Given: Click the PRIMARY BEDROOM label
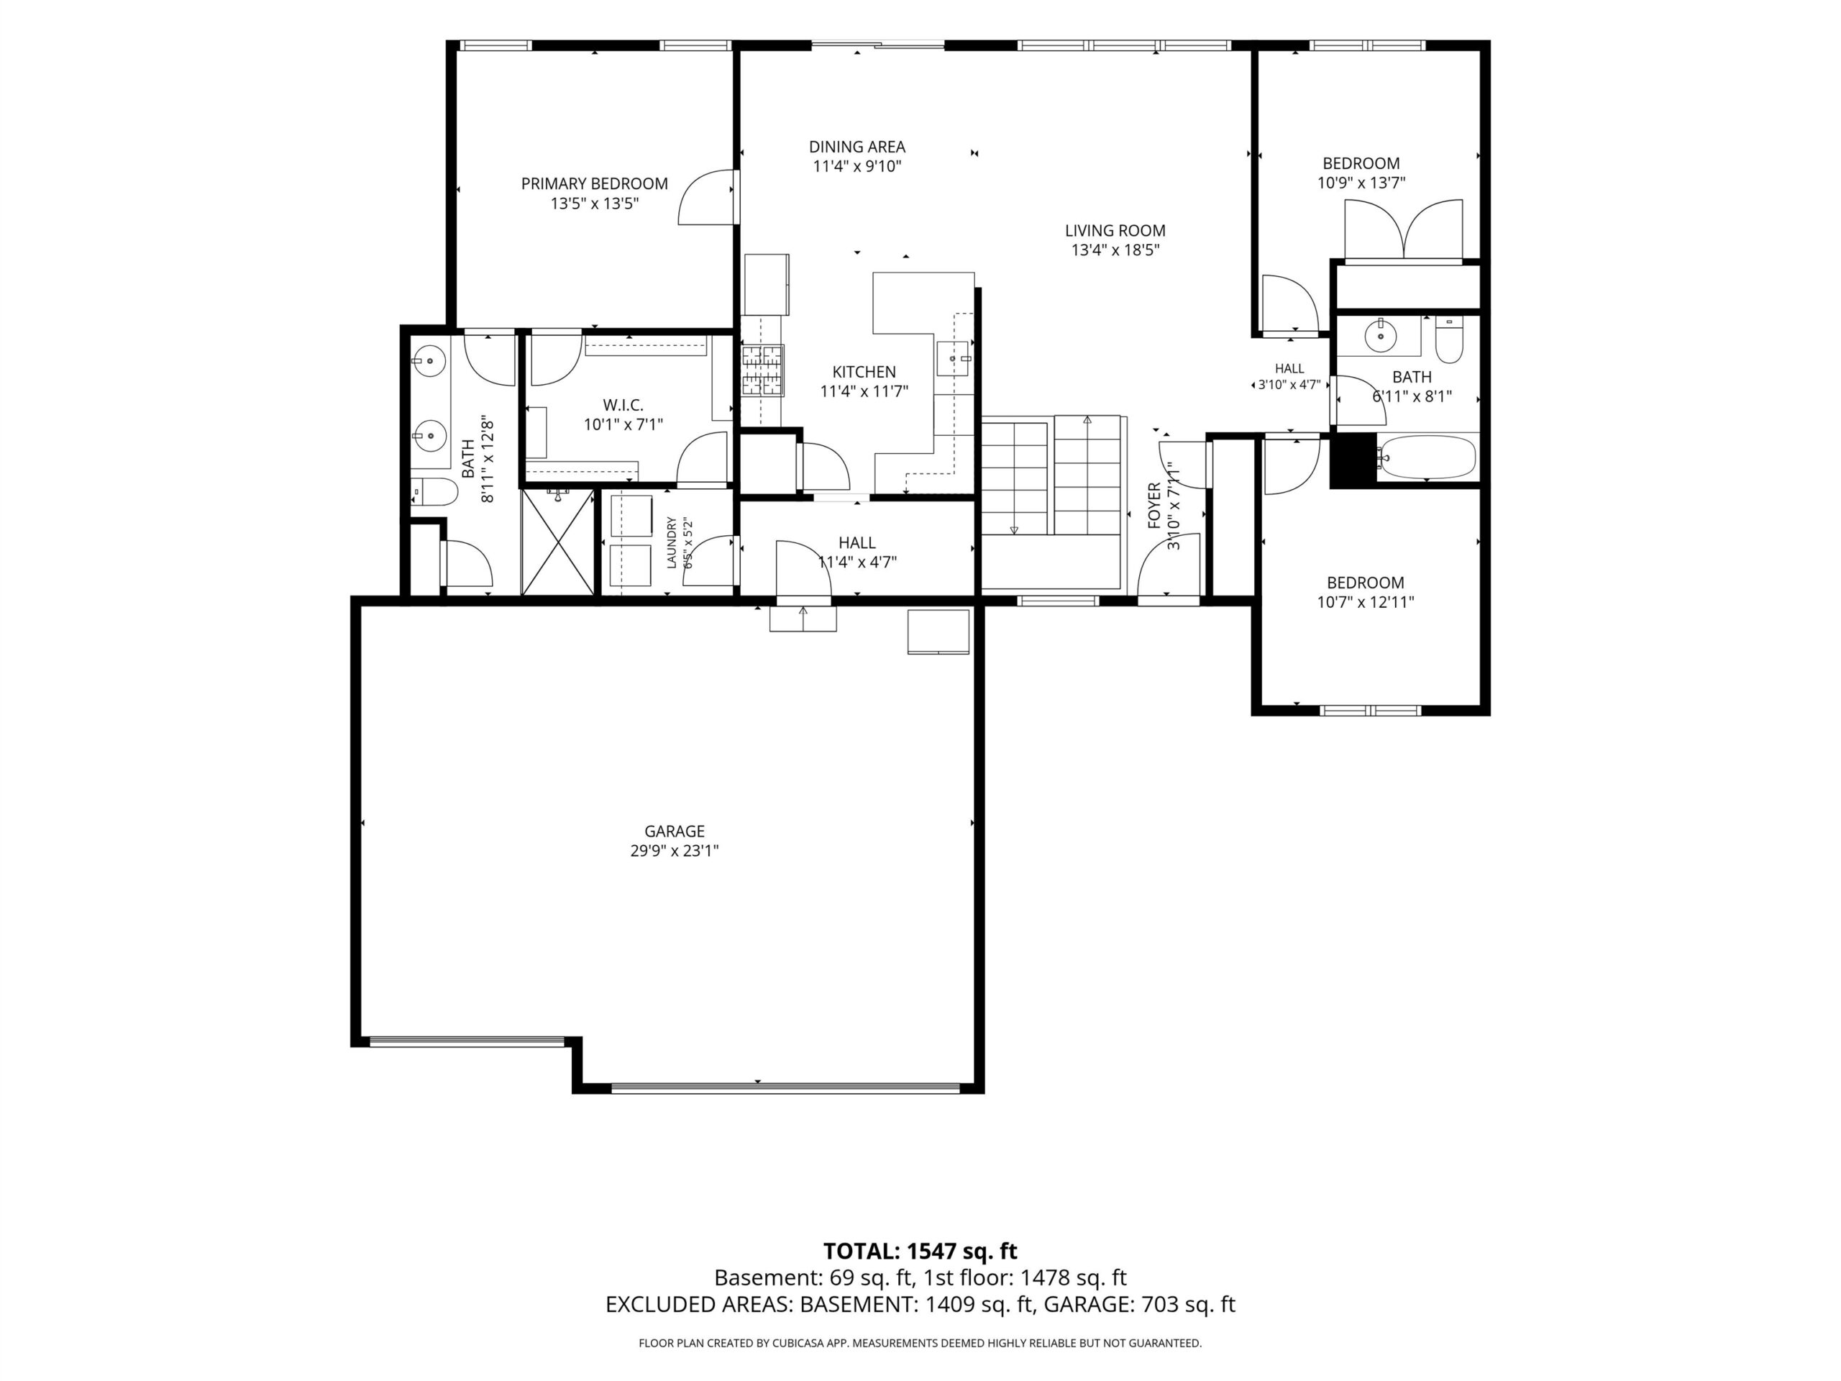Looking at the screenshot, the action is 594,184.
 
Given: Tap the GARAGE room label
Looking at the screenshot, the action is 674,831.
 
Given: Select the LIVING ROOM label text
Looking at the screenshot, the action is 1115,231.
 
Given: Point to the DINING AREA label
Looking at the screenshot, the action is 857,147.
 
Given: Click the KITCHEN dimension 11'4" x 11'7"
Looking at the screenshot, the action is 864,391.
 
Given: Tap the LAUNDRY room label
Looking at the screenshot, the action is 672,543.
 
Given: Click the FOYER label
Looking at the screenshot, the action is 1154,505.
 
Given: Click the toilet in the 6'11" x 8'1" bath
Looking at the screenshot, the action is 1449,342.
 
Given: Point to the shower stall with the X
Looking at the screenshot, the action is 557,542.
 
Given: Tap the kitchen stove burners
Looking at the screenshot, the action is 763,370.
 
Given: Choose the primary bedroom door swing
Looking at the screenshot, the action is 707,197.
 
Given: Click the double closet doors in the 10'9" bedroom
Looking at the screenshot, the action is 1404,231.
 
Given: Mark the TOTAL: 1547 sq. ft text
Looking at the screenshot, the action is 920,1251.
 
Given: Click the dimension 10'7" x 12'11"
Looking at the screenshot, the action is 1366,602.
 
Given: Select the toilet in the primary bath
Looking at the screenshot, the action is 434,493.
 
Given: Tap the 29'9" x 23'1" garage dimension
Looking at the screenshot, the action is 674,851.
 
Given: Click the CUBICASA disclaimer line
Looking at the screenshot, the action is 920,1343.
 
